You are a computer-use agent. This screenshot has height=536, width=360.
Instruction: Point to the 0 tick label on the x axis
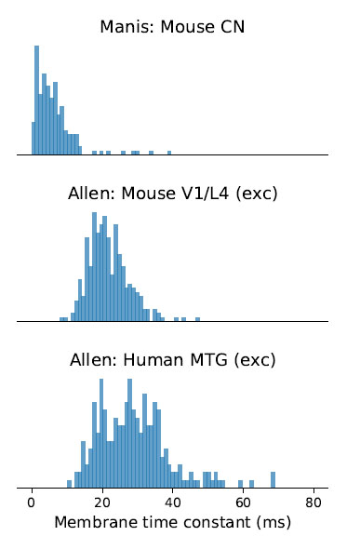pos(33,502)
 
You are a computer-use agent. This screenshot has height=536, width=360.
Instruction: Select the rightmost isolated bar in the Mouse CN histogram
pos(169,153)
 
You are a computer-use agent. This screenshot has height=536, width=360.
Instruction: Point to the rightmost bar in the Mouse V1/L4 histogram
pos(197,319)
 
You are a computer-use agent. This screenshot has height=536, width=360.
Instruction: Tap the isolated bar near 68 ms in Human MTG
pos(273,479)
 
